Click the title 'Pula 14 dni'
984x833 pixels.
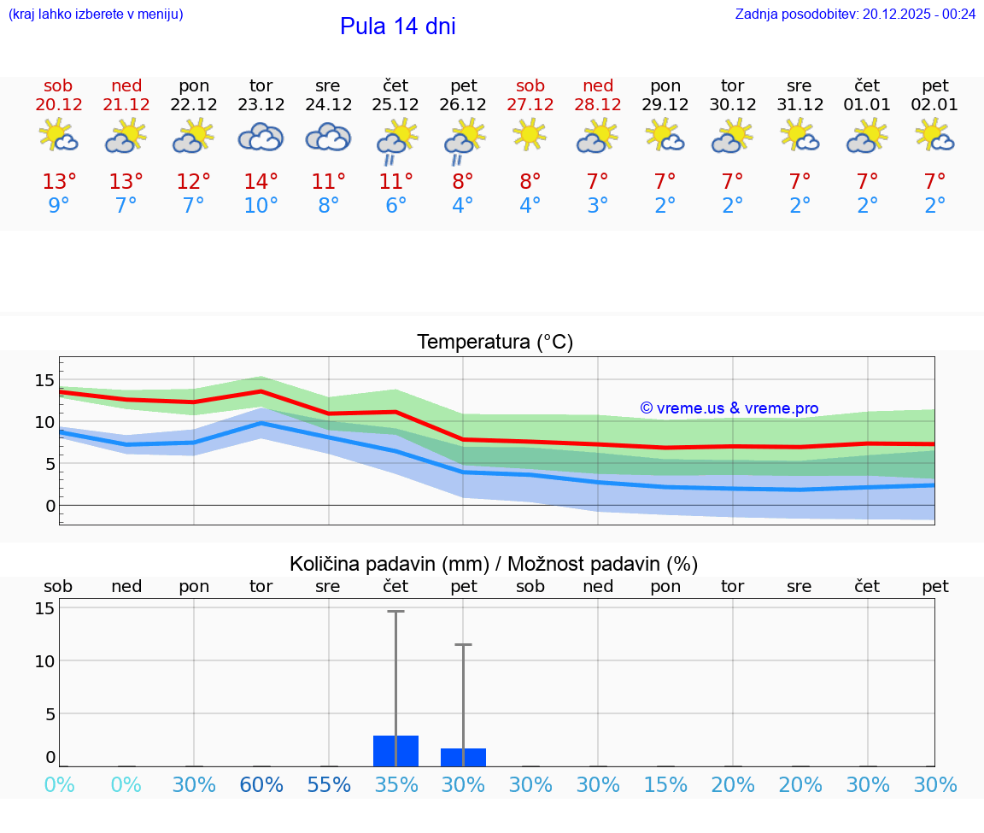397,26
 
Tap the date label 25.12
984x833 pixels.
395,105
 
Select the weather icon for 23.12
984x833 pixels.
261,137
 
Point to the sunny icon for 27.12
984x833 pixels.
530,134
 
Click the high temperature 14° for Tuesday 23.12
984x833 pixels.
261,182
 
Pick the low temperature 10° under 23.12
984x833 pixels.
261,206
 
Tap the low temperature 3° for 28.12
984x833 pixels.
597,206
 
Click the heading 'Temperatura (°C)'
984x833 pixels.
495,343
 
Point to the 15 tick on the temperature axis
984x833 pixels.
44,380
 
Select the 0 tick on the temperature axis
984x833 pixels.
50,506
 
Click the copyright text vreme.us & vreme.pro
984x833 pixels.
729,408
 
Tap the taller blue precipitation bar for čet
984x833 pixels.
395,751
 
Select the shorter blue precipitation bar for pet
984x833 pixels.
463,757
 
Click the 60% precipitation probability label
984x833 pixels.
261,785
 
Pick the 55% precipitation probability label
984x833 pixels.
329,785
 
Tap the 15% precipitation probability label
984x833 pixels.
665,785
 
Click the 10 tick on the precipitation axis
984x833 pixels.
44,661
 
